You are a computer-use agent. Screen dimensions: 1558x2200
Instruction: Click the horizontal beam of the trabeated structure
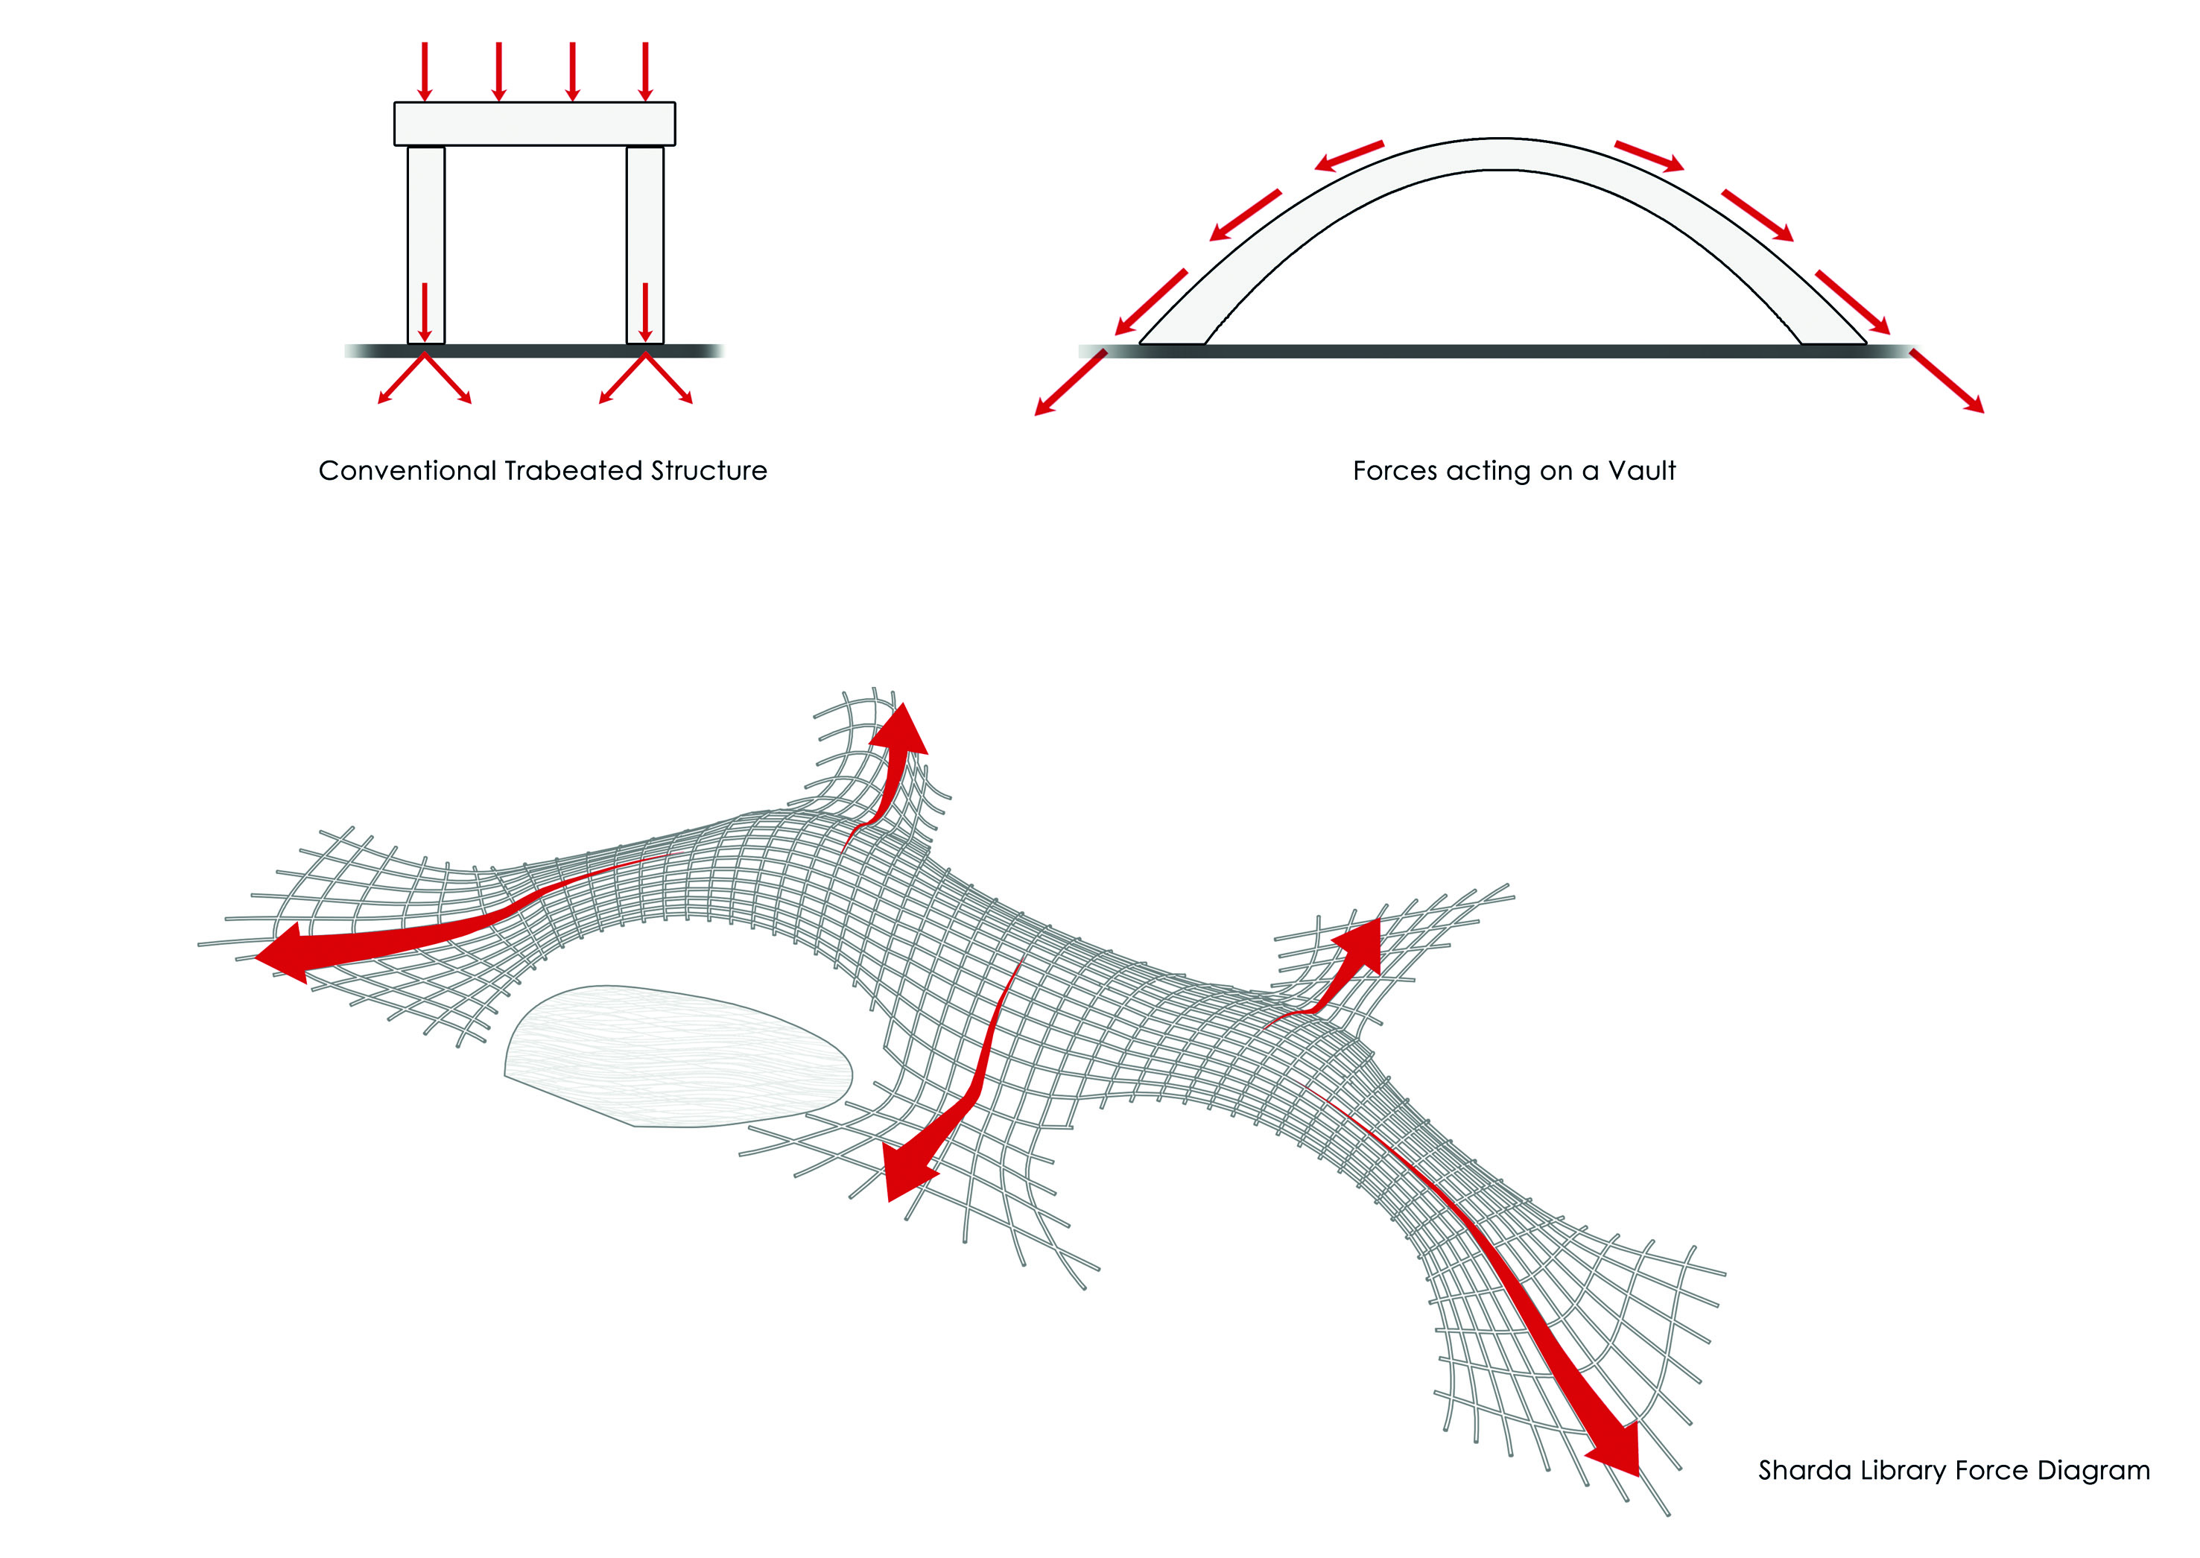534,124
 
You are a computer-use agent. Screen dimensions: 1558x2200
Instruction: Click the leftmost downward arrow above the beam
425,72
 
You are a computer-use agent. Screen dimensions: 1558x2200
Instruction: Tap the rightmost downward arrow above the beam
645,72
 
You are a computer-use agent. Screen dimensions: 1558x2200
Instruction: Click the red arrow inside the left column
425,311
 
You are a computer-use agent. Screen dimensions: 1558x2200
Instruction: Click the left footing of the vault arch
1172,333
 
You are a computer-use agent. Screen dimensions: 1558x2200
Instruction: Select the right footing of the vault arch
1833,333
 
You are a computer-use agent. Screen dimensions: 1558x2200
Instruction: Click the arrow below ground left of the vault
1069,384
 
